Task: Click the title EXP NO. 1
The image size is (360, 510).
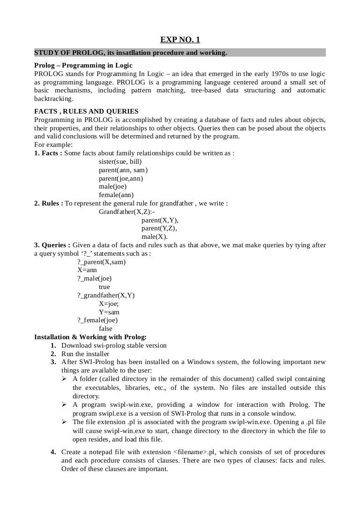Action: pos(180,40)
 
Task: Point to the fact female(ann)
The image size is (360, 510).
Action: pos(116,195)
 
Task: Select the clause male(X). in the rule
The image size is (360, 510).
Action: pos(154,236)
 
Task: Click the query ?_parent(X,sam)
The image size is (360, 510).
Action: pos(101,262)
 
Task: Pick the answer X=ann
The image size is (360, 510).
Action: pos(87,270)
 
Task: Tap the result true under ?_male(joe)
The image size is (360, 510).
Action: pos(104,287)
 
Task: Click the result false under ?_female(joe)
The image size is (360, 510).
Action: pos(105,328)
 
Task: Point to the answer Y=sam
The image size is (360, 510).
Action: pos(109,312)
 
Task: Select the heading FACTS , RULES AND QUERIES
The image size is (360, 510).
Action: pos(86,111)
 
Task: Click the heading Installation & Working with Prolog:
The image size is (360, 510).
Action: pos(90,337)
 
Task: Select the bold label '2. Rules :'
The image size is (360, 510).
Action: pos(49,203)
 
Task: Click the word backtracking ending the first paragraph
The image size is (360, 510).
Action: pos(53,99)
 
